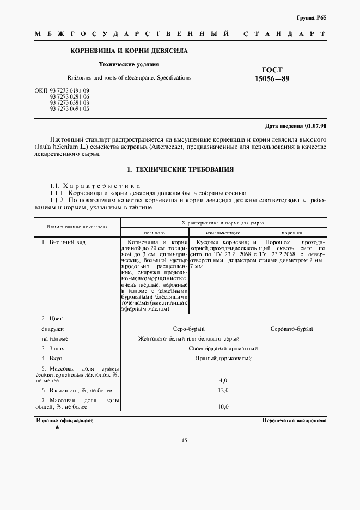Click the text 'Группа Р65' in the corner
point(312,17)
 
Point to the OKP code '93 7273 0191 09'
point(69,90)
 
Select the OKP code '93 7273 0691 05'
point(69,108)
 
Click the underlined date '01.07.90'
point(316,126)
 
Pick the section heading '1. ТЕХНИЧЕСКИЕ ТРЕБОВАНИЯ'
point(180,169)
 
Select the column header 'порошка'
point(291,232)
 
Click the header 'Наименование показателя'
point(77,226)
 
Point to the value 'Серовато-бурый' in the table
point(292,329)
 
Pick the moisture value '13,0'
point(223,391)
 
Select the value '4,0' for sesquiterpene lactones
point(223,380)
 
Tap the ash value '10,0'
point(223,407)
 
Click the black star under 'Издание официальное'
point(57,428)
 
